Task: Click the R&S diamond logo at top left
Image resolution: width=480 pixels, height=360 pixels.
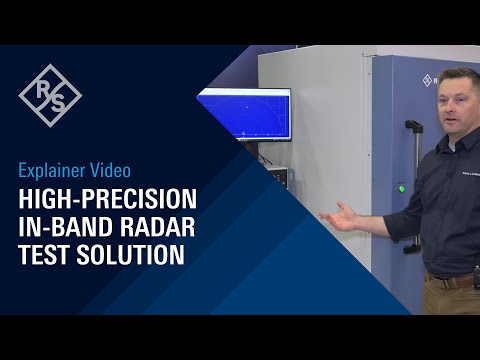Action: click(50, 95)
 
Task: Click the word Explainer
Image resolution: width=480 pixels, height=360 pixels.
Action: click(54, 170)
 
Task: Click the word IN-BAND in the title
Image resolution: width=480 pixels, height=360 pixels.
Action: click(66, 225)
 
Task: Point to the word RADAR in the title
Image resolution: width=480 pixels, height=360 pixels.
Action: click(156, 225)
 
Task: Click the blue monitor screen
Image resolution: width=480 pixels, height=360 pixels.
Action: click(244, 114)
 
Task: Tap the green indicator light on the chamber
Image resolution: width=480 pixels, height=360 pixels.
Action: click(401, 187)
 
